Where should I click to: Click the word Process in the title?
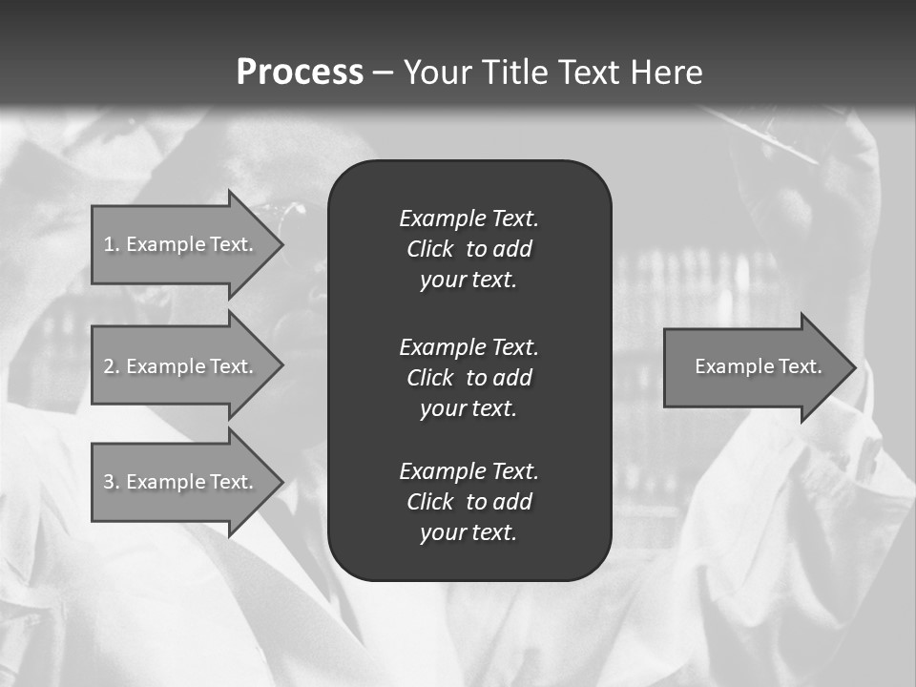pos(300,73)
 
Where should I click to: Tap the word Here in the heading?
pos(666,73)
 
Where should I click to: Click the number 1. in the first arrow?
pos(112,244)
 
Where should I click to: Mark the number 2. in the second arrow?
pos(112,366)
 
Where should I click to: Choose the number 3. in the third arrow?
pos(112,482)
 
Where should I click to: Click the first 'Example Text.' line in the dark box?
pos(468,219)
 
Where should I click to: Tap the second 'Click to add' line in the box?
pos(468,378)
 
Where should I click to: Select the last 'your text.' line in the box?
pos(468,532)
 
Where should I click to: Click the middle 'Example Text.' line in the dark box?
pos(468,347)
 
